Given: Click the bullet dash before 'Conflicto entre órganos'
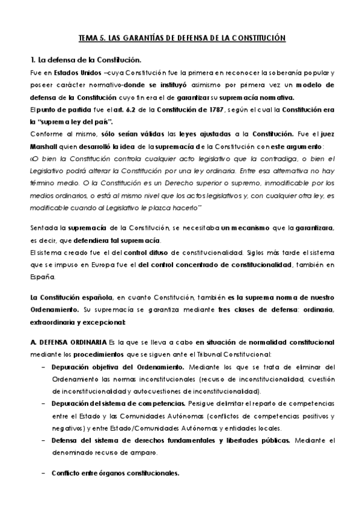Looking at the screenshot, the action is pyautogui.click(x=43, y=473).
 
